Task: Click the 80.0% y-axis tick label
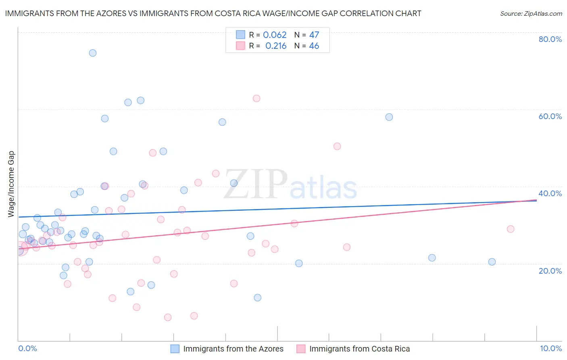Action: [550, 39]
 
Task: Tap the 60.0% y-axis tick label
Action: [550, 116]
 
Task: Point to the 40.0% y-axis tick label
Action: [550, 193]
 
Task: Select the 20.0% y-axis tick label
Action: [550, 271]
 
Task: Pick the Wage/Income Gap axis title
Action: [11, 184]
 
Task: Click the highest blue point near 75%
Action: [93, 53]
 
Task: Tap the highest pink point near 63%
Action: [256, 98]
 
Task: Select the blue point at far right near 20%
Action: [492, 262]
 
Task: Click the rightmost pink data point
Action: [511, 229]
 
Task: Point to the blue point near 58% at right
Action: [389, 117]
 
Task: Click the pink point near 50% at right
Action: [337, 147]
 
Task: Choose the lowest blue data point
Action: [258, 298]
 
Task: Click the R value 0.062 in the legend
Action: [275, 35]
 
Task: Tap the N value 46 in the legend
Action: [314, 46]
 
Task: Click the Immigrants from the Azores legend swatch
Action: [175, 349]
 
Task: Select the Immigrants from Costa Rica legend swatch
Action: [301, 349]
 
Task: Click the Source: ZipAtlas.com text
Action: [531, 14]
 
